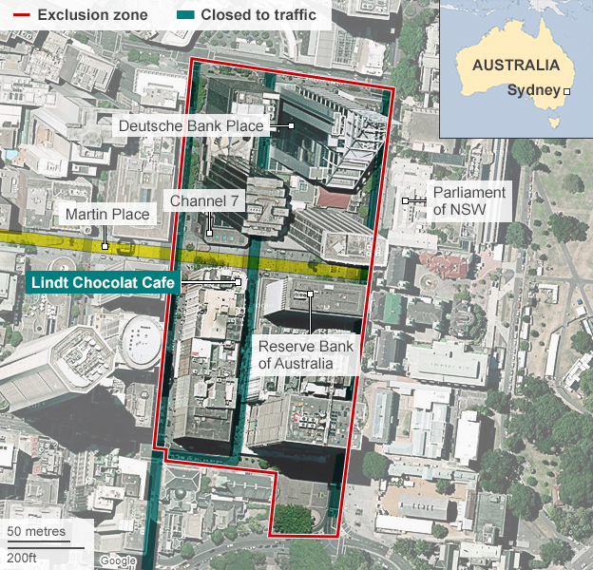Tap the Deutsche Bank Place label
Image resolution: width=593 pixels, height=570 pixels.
point(190,125)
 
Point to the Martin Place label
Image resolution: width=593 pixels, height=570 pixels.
point(106,215)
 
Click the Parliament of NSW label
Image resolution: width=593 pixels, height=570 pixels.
point(469,200)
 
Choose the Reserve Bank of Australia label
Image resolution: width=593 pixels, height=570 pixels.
point(306,354)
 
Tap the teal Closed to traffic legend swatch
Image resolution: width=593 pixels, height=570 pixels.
point(183,15)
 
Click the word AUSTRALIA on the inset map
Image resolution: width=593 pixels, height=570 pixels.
point(516,66)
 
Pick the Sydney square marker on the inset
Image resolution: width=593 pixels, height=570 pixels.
point(567,91)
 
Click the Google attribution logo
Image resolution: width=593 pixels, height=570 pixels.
point(118,560)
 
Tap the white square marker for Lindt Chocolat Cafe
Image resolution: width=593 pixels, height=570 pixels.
point(239,282)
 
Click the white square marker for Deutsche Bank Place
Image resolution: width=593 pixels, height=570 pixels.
point(292,125)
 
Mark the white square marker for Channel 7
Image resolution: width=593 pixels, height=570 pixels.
point(209,232)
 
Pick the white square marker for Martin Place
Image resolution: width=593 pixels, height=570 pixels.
point(106,245)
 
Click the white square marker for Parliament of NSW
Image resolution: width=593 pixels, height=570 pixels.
point(405,200)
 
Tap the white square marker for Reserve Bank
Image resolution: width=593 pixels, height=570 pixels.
point(311,294)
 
